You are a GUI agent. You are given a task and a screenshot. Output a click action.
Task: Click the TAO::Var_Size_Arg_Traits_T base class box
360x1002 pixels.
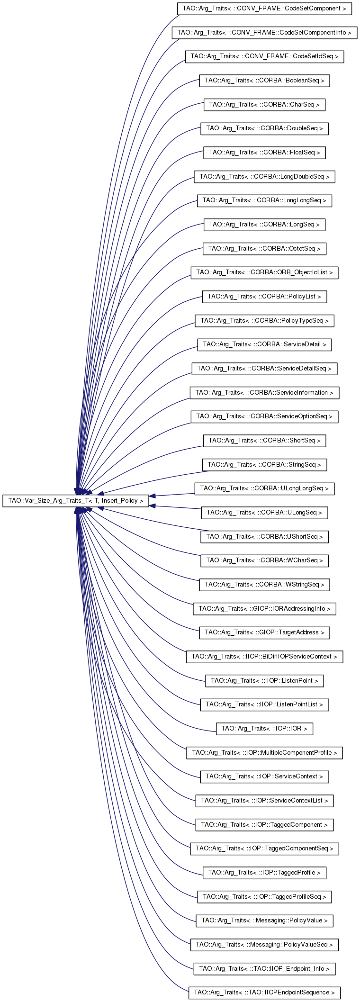pyautogui.click(x=76, y=501)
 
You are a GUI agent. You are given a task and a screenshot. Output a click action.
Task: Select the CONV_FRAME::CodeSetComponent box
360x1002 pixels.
pyautogui.click(x=264, y=9)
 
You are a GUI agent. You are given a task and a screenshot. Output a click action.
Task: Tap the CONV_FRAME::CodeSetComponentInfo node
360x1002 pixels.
pyautogui.click(x=264, y=33)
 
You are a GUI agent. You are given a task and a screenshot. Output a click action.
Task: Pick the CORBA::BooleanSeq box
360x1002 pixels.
pyautogui.click(x=264, y=81)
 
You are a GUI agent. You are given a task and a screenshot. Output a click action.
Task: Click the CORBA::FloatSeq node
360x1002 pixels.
pyautogui.click(x=264, y=153)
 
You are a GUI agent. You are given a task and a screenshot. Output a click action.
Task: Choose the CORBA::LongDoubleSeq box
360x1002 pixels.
pyautogui.click(x=264, y=177)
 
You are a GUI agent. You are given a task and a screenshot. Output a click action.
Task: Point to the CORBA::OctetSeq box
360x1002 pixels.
pyautogui.click(x=264, y=249)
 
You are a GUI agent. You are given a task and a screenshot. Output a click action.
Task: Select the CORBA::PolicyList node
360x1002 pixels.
pyautogui.click(x=264, y=297)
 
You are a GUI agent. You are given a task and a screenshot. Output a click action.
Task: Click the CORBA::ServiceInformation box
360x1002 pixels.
pyautogui.click(x=264, y=393)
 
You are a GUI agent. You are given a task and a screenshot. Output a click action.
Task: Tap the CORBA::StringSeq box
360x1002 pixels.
pyautogui.click(x=264, y=465)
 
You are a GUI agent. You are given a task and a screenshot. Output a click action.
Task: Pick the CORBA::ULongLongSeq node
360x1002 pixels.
pyautogui.click(x=264, y=488)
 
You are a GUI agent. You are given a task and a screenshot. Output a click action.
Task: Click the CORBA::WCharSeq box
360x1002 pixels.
pyautogui.click(x=264, y=560)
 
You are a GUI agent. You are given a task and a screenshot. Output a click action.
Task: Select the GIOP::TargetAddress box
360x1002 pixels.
pyautogui.click(x=264, y=632)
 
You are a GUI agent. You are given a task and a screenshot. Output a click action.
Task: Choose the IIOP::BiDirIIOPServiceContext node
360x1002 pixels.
pyautogui.click(x=264, y=657)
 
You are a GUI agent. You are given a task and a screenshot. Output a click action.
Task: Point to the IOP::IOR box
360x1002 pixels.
pyautogui.click(x=264, y=729)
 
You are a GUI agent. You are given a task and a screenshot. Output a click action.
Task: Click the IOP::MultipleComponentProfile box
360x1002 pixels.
pyautogui.click(x=264, y=753)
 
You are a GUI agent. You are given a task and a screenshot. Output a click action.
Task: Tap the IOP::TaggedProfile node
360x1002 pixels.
pyautogui.click(x=264, y=873)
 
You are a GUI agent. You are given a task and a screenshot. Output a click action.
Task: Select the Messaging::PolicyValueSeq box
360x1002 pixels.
pyautogui.click(x=264, y=945)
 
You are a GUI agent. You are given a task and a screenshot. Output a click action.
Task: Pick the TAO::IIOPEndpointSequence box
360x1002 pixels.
pyautogui.click(x=264, y=993)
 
